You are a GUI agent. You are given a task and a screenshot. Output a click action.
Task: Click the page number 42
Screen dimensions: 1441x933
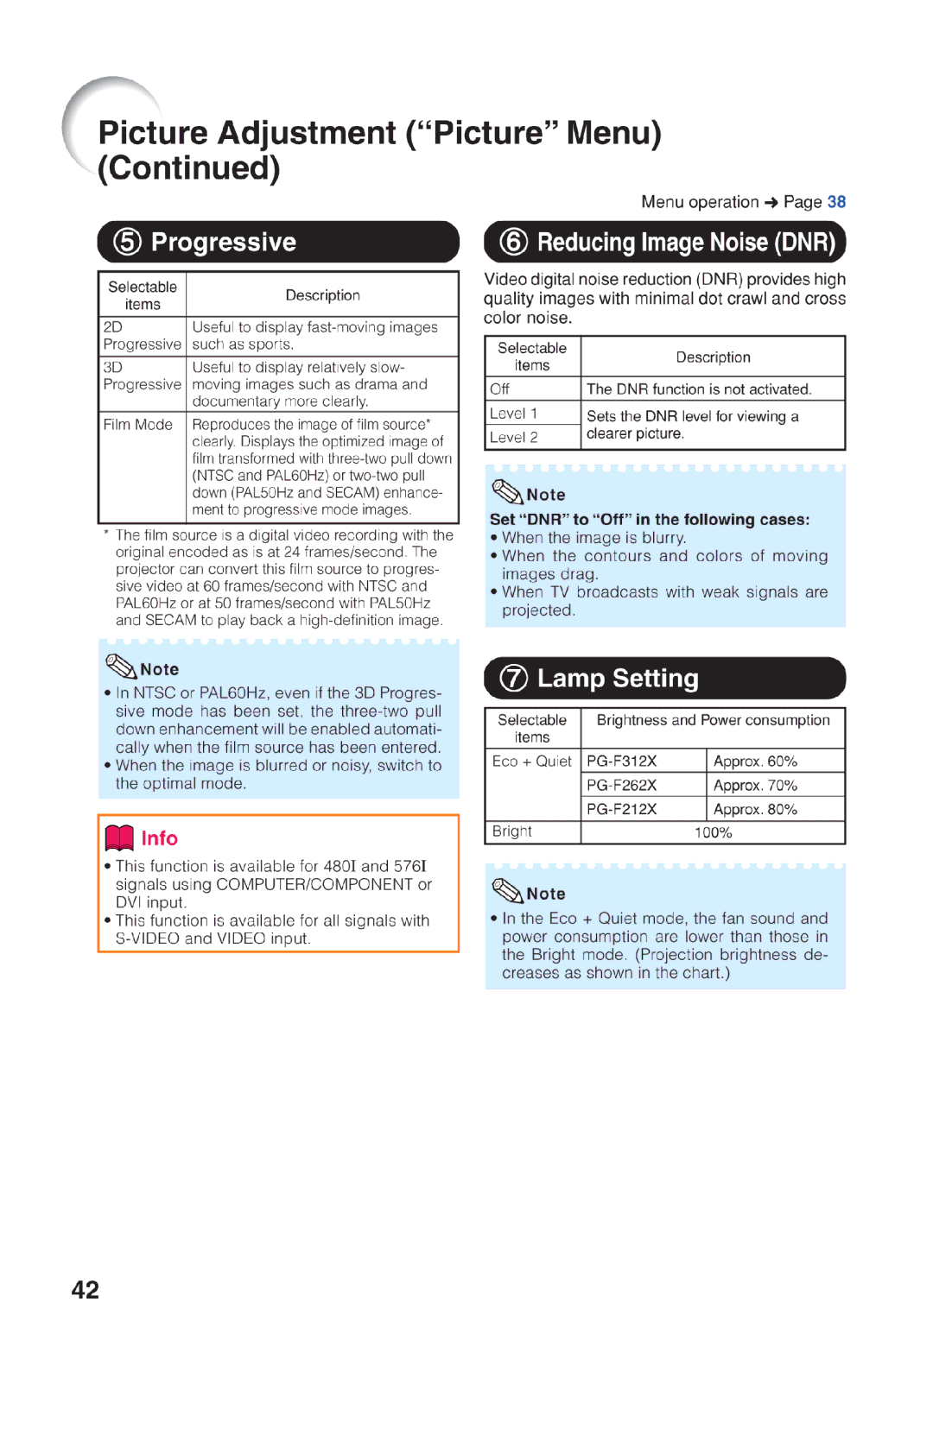(x=85, y=1289)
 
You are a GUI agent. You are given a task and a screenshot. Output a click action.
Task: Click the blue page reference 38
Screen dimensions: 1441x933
(x=836, y=202)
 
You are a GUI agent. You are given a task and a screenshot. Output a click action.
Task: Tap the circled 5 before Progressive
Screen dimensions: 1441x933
(x=127, y=242)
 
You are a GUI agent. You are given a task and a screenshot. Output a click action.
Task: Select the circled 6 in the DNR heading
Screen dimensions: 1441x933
(x=513, y=242)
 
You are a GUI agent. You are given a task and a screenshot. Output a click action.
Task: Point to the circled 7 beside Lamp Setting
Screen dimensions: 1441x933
(x=513, y=678)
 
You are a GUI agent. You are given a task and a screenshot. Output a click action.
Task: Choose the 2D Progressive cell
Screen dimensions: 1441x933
(x=142, y=336)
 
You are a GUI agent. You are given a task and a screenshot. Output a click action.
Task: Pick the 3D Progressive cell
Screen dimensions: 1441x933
(x=142, y=376)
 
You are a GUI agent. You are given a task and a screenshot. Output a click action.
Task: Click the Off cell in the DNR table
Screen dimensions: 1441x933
(x=500, y=389)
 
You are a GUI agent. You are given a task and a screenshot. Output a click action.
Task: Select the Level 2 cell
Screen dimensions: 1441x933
(x=514, y=438)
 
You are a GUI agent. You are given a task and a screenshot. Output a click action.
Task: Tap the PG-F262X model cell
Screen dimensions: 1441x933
(x=622, y=785)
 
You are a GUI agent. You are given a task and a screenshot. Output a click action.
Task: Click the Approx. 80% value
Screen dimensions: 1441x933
(x=755, y=809)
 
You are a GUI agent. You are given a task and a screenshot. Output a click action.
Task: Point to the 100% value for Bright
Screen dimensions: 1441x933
(x=713, y=832)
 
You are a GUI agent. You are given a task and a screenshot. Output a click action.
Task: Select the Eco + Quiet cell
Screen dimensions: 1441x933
(x=532, y=762)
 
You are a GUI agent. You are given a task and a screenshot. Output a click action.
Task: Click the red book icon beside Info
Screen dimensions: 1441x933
(x=119, y=837)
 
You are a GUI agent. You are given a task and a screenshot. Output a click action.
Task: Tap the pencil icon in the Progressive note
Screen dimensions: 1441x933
(x=121, y=666)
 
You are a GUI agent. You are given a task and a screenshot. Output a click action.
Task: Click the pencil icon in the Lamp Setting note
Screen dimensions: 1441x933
(x=507, y=889)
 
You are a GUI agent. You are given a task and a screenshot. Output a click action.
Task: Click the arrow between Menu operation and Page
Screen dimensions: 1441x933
(x=771, y=203)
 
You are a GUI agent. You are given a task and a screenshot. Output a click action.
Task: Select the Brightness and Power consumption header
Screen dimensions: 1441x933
(x=713, y=720)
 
